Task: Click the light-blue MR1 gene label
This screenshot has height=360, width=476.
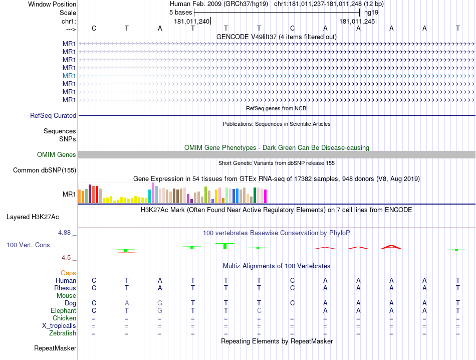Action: point(69,76)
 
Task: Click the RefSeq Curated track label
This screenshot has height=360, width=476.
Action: point(53,115)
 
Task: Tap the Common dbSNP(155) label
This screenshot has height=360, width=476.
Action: point(44,170)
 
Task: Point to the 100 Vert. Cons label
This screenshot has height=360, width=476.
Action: point(28,245)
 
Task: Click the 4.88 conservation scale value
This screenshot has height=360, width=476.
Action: point(66,233)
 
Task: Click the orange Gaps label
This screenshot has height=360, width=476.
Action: point(68,273)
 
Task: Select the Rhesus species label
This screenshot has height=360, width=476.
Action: point(65,288)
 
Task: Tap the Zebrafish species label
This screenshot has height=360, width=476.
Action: point(63,333)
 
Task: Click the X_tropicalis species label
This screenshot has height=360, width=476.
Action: point(59,325)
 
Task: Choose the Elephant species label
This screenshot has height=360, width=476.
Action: point(63,311)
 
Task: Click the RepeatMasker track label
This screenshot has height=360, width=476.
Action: point(55,348)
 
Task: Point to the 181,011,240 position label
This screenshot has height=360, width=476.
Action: point(192,22)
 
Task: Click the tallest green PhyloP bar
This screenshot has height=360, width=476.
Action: point(225,246)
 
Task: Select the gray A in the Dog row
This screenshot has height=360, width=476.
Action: point(127,303)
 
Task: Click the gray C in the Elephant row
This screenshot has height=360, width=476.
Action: point(259,311)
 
